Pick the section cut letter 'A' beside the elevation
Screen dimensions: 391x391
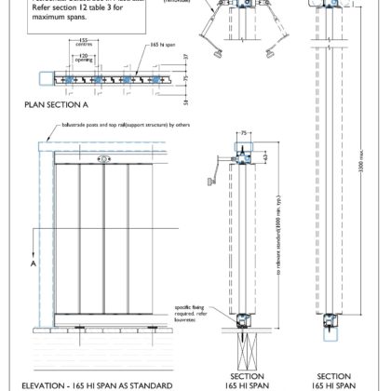coord(34,263)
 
